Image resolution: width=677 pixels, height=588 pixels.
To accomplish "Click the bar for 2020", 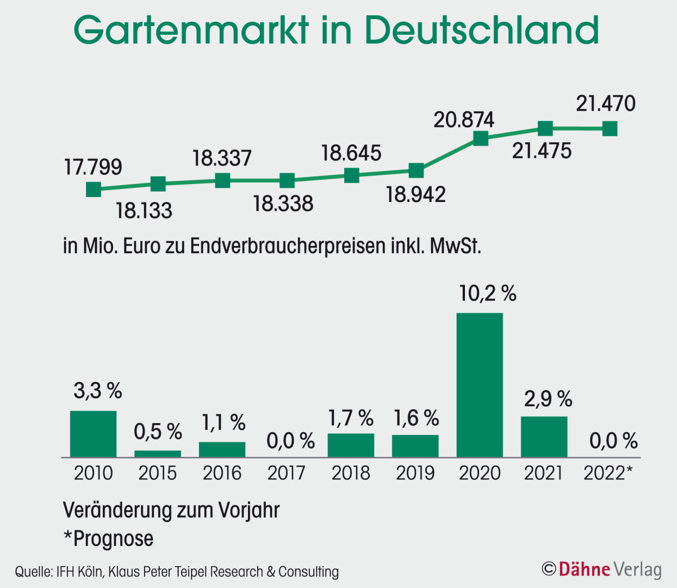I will click(x=480, y=385).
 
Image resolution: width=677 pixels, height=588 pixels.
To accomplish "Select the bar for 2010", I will click(x=93, y=434).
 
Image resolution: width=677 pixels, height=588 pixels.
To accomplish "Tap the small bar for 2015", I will click(x=158, y=454).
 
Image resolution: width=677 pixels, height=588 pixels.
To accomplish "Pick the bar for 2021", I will click(x=544, y=437).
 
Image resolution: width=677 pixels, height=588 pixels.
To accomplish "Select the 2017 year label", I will click(x=287, y=473).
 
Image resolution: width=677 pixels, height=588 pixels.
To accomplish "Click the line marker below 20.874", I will click(x=481, y=138).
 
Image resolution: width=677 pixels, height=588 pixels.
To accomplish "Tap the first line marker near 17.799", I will click(x=94, y=189).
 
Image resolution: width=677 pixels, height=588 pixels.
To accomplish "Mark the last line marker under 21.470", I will click(x=610, y=128).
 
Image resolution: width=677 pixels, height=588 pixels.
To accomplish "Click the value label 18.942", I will click(x=416, y=195).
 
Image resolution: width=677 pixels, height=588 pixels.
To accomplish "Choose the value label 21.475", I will click(x=542, y=151).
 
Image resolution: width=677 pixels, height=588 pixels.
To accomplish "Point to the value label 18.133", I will click(x=144, y=211).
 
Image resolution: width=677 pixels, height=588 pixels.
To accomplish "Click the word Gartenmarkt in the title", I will click(x=192, y=30).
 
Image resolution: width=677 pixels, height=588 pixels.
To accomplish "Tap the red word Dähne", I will click(x=584, y=569).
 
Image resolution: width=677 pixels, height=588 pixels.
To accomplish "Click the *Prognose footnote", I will click(x=108, y=539).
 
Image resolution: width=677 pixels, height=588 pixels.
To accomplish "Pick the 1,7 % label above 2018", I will click(x=351, y=418).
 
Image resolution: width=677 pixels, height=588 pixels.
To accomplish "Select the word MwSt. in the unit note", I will click(x=456, y=246).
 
